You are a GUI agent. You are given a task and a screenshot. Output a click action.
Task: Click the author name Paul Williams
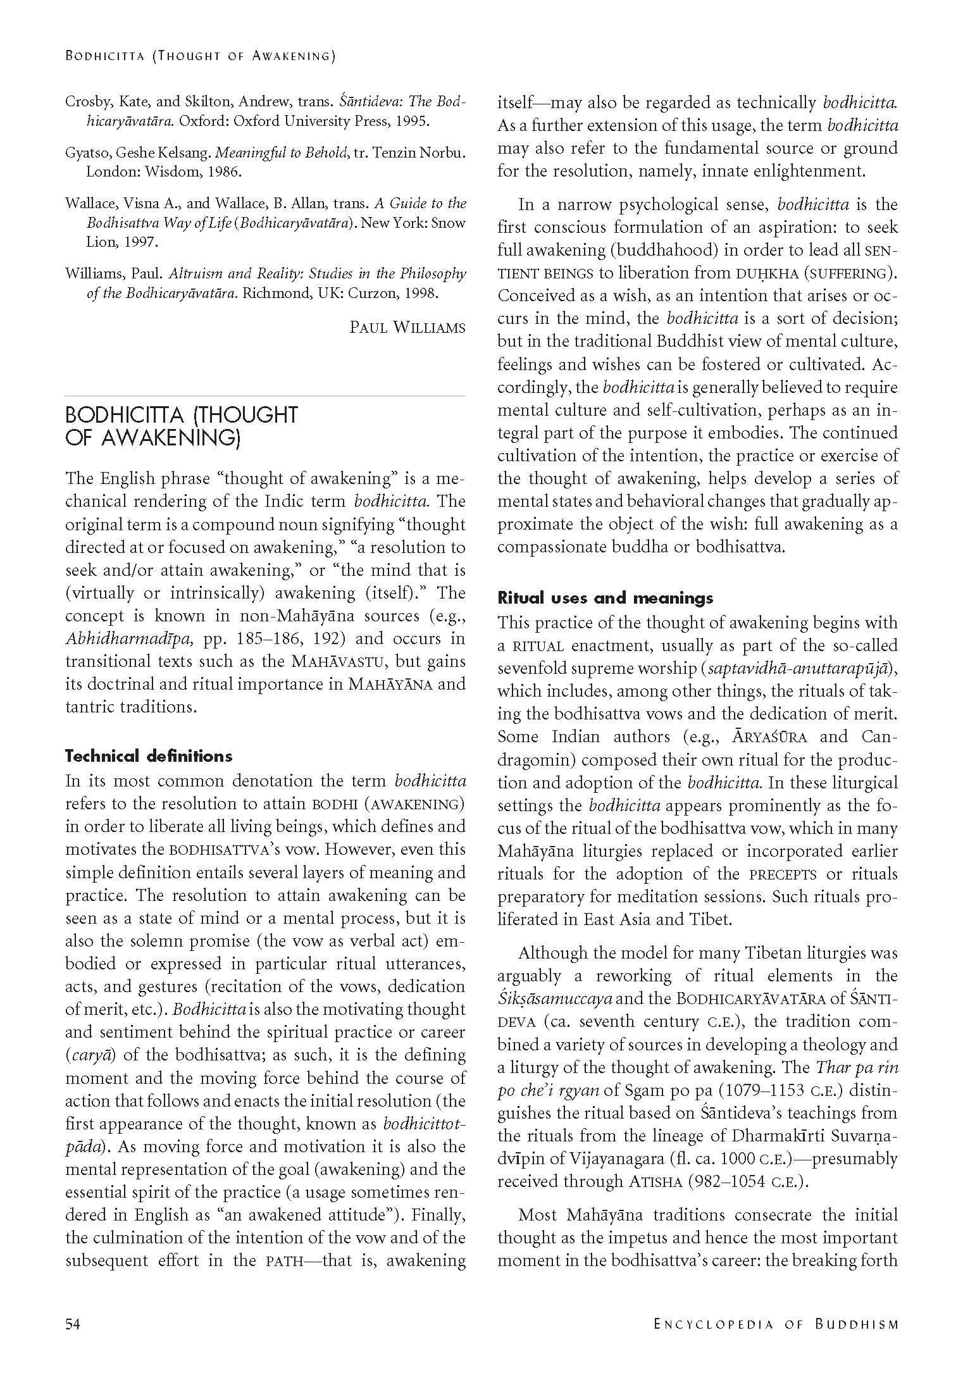coord(407,328)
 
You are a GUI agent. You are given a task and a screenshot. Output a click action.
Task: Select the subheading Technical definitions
coord(149,756)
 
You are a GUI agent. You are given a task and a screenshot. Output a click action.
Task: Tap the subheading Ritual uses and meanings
coord(605,598)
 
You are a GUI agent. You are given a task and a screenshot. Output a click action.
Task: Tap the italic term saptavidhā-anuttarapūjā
coord(799,669)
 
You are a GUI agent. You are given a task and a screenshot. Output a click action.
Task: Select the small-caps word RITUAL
coord(538,647)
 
